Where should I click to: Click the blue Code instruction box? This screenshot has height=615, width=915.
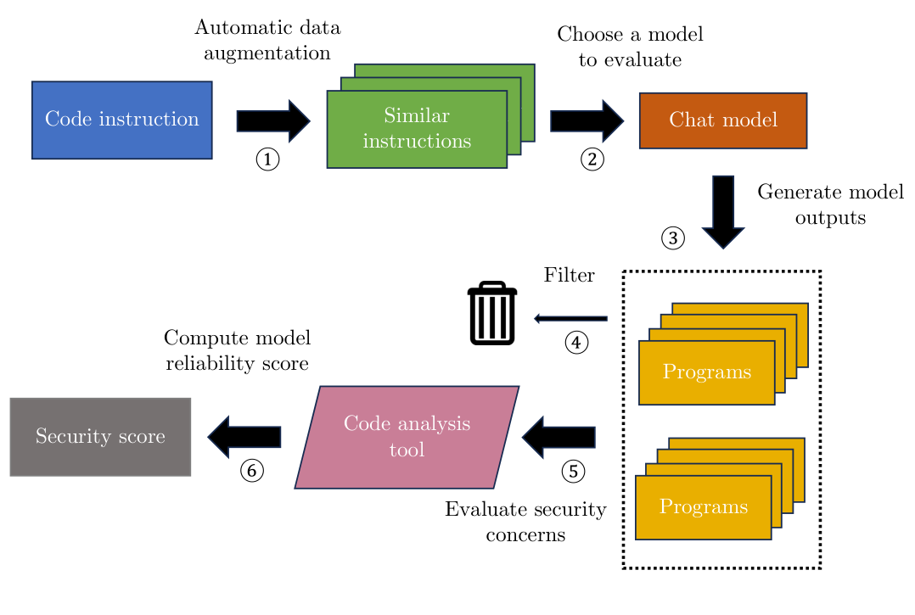(122, 120)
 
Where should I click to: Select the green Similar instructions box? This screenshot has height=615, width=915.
(417, 129)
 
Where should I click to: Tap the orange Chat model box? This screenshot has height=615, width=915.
(722, 120)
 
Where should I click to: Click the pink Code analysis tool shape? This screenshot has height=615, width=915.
(407, 437)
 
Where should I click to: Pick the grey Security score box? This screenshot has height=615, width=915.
(100, 437)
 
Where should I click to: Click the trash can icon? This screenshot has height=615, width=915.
(492, 314)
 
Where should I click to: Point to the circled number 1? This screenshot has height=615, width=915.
(267, 159)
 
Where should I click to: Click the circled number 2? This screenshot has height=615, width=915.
(592, 159)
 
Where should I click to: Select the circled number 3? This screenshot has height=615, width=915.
(673, 238)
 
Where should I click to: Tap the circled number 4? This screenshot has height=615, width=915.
(576, 343)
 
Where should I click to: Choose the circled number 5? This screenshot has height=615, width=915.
(574, 470)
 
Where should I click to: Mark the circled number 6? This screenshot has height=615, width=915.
(251, 469)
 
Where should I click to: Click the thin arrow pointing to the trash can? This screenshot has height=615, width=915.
(570, 318)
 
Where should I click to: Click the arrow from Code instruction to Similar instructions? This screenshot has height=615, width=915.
(272, 120)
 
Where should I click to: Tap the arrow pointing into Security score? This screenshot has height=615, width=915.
(244, 437)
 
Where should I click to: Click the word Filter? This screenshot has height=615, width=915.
(569, 276)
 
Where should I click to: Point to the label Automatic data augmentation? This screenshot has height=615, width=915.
(267, 40)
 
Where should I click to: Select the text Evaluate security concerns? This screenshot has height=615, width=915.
(525, 522)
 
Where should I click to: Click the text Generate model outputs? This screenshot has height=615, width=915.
(829, 204)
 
